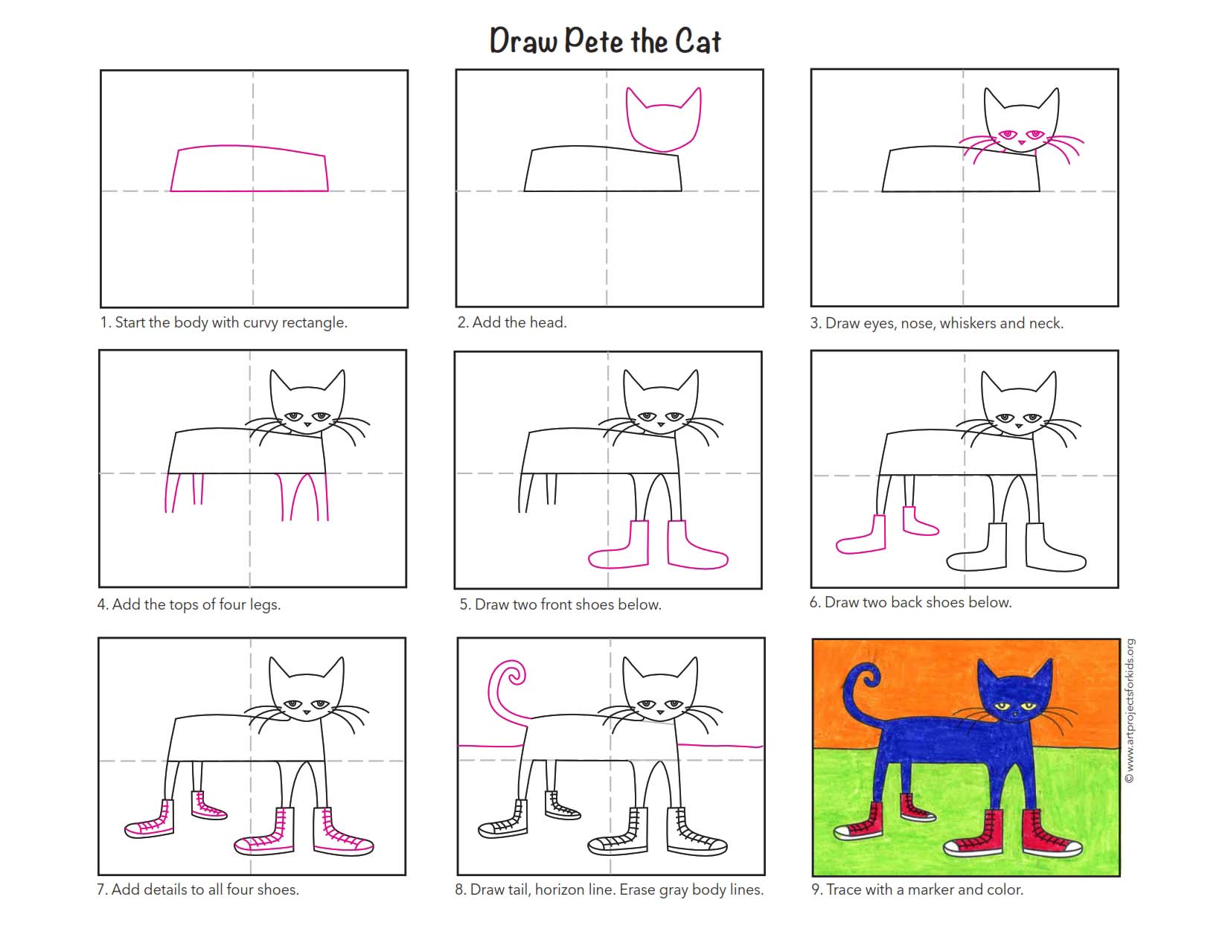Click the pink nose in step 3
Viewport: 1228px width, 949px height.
pyautogui.click(x=1021, y=143)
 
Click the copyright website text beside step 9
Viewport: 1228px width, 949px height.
pyautogui.click(x=1131, y=711)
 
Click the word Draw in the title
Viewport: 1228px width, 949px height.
pyautogui.click(x=523, y=41)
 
